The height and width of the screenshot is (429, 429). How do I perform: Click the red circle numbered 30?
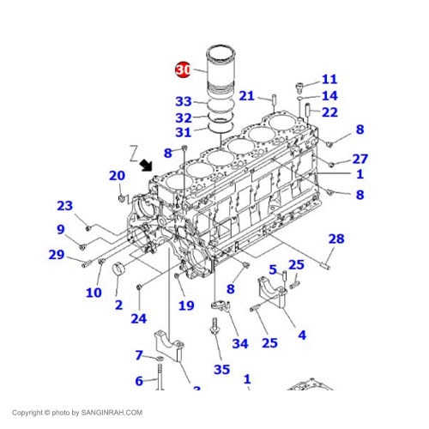pyautogui.click(x=184, y=69)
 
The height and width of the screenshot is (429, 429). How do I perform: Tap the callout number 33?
pyautogui.click(x=184, y=101)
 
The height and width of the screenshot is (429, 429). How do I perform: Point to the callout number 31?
pyautogui.click(x=184, y=132)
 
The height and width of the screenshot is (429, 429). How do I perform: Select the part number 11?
pyautogui.click(x=329, y=80)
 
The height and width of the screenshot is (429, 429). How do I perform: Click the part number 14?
pyautogui.click(x=329, y=96)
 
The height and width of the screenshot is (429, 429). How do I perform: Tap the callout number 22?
pyautogui.click(x=329, y=112)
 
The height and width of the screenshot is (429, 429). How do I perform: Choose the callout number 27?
pyautogui.click(x=360, y=159)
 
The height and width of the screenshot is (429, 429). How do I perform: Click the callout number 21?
pyautogui.click(x=247, y=95)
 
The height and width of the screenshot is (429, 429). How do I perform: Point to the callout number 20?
pyautogui.click(x=117, y=176)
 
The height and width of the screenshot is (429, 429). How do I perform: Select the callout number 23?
pyautogui.click(x=65, y=205)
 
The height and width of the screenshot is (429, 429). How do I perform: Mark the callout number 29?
pyautogui.click(x=57, y=254)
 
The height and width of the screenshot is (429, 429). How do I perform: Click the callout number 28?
pyautogui.click(x=335, y=239)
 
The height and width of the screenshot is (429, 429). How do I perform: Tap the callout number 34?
pyautogui.click(x=239, y=343)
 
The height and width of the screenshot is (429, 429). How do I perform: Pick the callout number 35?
pyautogui.click(x=222, y=370)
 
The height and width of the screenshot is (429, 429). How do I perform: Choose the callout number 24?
pyautogui.click(x=138, y=319)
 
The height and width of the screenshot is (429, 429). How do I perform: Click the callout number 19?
pyautogui.click(x=186, y=305)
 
